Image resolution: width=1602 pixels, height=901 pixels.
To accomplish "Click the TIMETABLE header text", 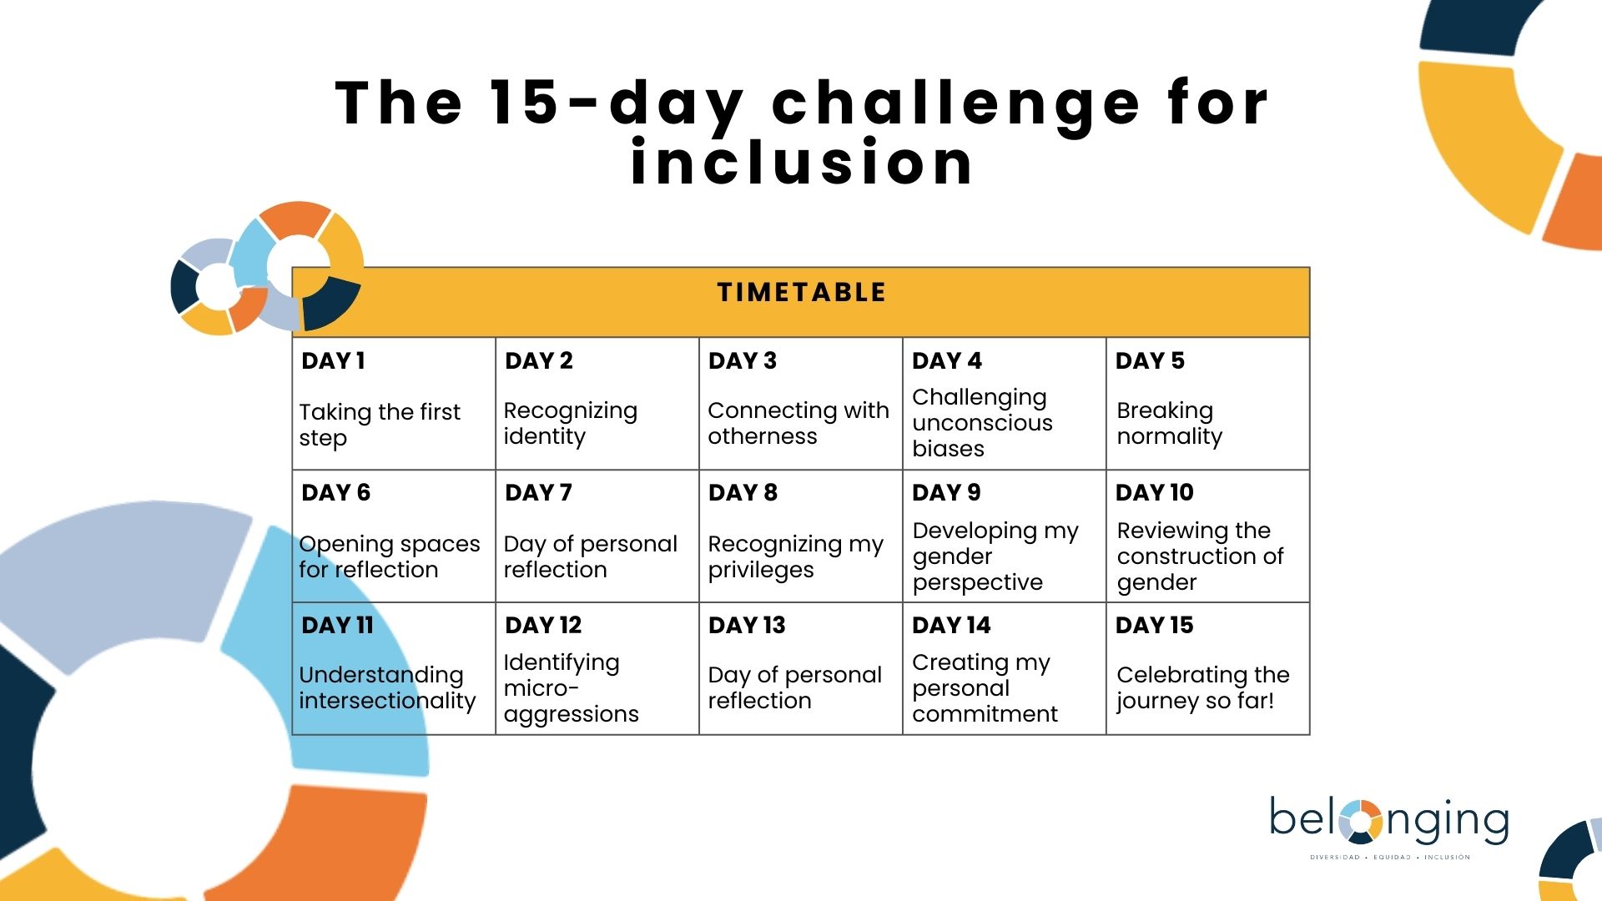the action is (x=801, y=292).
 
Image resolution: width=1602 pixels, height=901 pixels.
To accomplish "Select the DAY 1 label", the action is (x=333, y=360).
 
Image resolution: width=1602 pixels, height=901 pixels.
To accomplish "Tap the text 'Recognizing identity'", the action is (x=571, y=423).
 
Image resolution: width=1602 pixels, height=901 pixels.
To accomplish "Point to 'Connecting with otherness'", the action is (x=798, y=423).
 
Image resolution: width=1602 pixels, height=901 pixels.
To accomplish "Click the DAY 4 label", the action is (x=947, y=360).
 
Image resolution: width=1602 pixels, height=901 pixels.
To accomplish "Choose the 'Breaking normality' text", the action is (x=1170, y=423).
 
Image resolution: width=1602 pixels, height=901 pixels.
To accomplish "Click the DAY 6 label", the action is (x=335, y=492).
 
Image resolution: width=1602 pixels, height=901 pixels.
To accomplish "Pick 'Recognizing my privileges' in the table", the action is (x=795, y=556).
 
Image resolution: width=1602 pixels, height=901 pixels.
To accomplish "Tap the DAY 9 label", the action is (x=946, y=492).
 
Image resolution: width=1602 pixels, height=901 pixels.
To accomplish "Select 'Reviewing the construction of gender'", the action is (x=1200, y=556).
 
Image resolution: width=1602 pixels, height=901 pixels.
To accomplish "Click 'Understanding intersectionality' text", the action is (x=387, y=687).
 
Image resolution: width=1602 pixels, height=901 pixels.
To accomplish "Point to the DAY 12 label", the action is (x=543, y=625).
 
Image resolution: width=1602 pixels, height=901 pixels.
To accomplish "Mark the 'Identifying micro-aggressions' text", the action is (x=571, y=687).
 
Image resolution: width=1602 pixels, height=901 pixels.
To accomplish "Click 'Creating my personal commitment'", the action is (x=985, y=687).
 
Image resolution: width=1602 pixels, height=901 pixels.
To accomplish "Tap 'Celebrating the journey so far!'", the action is (x=1203, y=687).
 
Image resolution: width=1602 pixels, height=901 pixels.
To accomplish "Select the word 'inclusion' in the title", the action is (x=802, y=162).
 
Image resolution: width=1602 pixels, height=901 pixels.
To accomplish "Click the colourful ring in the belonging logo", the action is (x=1361, y=822).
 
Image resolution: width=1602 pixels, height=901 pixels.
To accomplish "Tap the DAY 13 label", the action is (x=747, y=625).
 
